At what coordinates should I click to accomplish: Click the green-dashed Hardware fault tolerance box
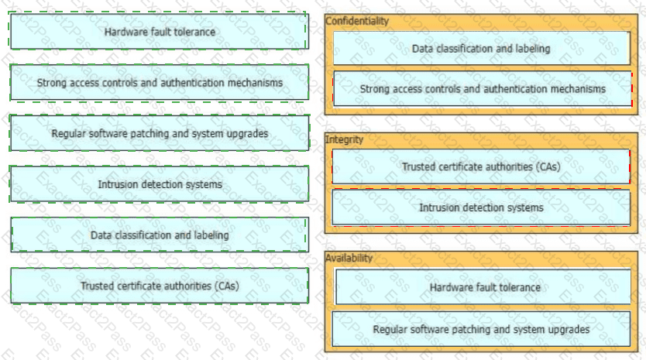pyautogui.click(x=159, y=31)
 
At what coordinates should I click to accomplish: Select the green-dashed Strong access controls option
pyautogui.click(x=159, y=82)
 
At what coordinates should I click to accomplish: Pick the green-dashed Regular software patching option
pyautogui.click(x=159, y=133)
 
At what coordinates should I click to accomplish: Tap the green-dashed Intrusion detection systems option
pyautogui.click(x=159, y=184)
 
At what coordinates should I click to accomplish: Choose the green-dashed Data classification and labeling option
pyautogui.click(x=159, y=235)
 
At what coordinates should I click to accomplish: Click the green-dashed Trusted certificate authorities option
pyautogui.click(x=159, y=286)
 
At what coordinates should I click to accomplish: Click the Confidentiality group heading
pyautogui.click(x=357, y=21)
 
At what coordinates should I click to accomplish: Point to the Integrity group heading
pyautogui.click(x=344, y=139)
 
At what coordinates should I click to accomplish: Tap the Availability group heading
pyautogui.click(x=349, y=259)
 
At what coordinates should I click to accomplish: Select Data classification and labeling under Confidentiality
pyautogui.click(x=481, y=48)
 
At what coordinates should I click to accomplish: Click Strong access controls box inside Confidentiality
pyautogui.click(x=483, y=88)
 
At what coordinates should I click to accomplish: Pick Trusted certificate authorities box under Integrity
pyautogui.click(x=481, y=166)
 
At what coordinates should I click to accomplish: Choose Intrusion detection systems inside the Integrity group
pyautogui.click(x=481, y=207)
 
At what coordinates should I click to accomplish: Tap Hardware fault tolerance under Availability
pyautogui.click(x=483, y=287)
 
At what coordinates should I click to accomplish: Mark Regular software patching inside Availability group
pyautogui.click(x=481, y=329)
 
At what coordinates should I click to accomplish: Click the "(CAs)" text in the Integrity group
pyautogui.click(x=548, y=166)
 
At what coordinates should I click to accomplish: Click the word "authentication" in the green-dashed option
pyautogui.click(x=191, y=83)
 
